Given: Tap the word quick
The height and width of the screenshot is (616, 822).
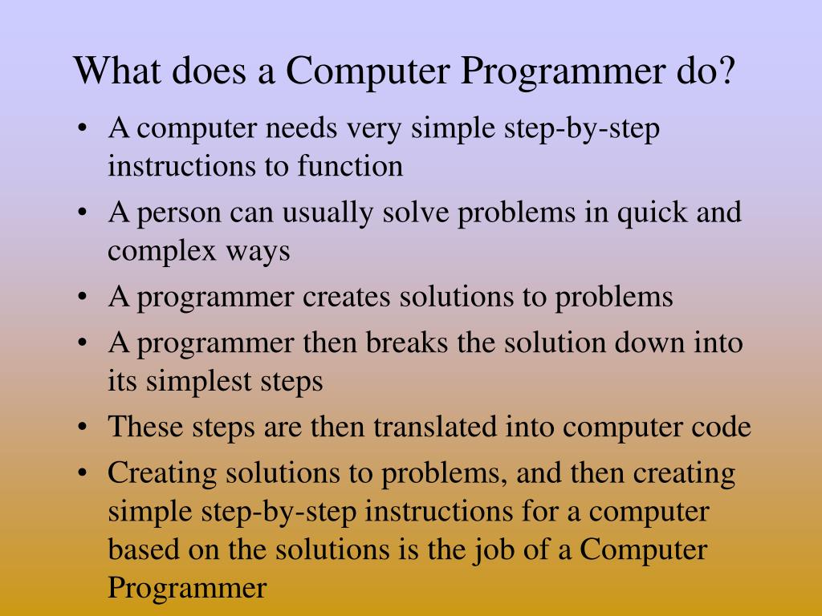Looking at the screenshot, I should (x=649, y=213).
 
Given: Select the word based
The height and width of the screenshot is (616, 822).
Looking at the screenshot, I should (x=141, y=551).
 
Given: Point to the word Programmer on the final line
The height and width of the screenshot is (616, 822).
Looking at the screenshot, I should (x=186, y=590).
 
